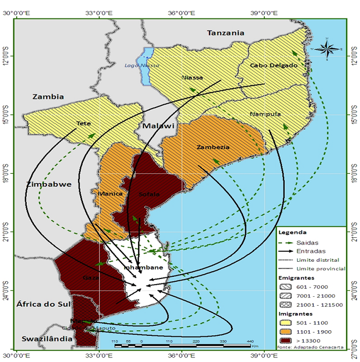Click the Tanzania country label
225,33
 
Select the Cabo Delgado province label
274,65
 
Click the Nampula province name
265,114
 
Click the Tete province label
84,123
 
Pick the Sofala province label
150,194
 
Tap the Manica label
110,193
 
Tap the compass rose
329,49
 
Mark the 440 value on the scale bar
250,341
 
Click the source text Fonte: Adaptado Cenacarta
308,348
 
